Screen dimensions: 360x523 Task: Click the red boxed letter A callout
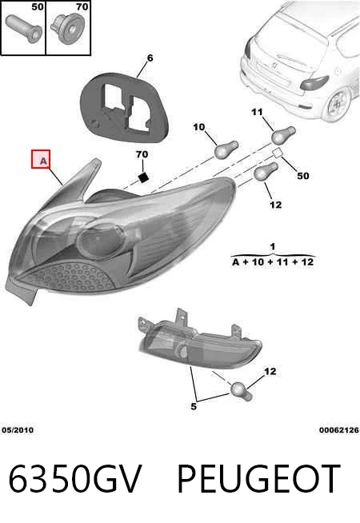pyautogui.click(x=41, y=159)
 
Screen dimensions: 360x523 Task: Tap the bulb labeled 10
pyautogui.click(x=226, y=150)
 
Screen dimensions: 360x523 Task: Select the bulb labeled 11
pyautogui.click(x=283, y=135)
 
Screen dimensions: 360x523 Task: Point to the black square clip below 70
pyautogui.click(x=143, y=177)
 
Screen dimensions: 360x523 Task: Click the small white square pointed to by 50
pyautogui.click(x=278, y=153)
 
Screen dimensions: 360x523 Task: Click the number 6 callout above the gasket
pyautogui.click(x=150, y=58)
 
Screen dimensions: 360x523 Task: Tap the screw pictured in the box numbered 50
pyautogui.click(x=24, y=28)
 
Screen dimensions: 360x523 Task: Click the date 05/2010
pyautogui.click(x=18, y=430)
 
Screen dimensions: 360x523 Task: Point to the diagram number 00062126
pyautogui.click(x=339, y=430)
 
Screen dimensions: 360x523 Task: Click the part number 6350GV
pyautogui.click(x=74, y=479)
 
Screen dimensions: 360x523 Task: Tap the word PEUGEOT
pyautogui.click(x=258, y=479)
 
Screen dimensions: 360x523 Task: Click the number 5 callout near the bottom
pyautogui.click(x=194, y=406)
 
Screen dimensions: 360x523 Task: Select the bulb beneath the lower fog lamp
pyautogui.click(x=242, y=391)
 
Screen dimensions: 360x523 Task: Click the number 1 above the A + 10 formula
pyautogui.click(x=273, y=247)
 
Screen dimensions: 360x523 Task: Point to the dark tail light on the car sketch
pyautogui.click(x=314, y=82)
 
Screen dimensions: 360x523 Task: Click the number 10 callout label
pyautogui.click(x=198, y=127)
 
